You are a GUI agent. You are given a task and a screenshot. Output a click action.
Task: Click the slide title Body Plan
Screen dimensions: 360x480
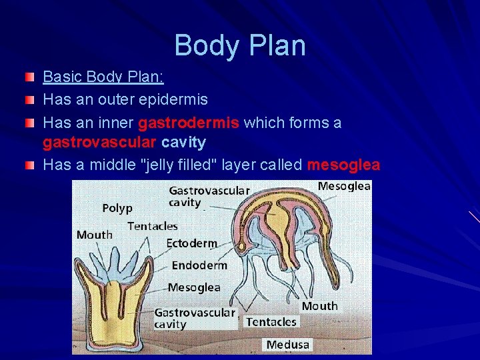tap(240, 45)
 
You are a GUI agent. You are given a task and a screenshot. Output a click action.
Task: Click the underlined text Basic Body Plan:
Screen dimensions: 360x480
tap(103, 77)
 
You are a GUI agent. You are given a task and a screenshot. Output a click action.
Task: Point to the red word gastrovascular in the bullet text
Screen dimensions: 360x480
tap(99, 143)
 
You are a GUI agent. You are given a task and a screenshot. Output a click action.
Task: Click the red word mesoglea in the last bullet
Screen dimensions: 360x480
tap(343, 165)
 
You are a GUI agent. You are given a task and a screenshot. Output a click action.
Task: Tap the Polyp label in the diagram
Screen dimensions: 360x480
tap(117, 208)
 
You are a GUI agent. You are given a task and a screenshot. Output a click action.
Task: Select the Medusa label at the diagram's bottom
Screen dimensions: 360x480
tap(288, 345)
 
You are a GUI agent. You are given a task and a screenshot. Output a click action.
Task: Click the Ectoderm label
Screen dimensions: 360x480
tap(191, 243)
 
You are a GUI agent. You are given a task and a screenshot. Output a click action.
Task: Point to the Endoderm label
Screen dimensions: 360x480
tap(199, 265)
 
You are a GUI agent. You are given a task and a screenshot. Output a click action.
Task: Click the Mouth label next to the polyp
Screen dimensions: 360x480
tap(95, 235)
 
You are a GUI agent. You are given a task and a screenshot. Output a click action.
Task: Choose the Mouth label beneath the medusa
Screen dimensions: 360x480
tap(320, 306)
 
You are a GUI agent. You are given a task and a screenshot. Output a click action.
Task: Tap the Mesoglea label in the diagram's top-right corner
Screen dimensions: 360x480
tap(344, 187)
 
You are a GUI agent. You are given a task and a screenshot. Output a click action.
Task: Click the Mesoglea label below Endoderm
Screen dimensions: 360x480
tap(194, 287)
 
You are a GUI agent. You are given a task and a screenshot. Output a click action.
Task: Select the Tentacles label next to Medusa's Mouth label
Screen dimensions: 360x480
tap(271, 322)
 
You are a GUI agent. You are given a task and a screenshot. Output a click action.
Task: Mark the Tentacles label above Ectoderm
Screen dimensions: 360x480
tap(153, 226)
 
